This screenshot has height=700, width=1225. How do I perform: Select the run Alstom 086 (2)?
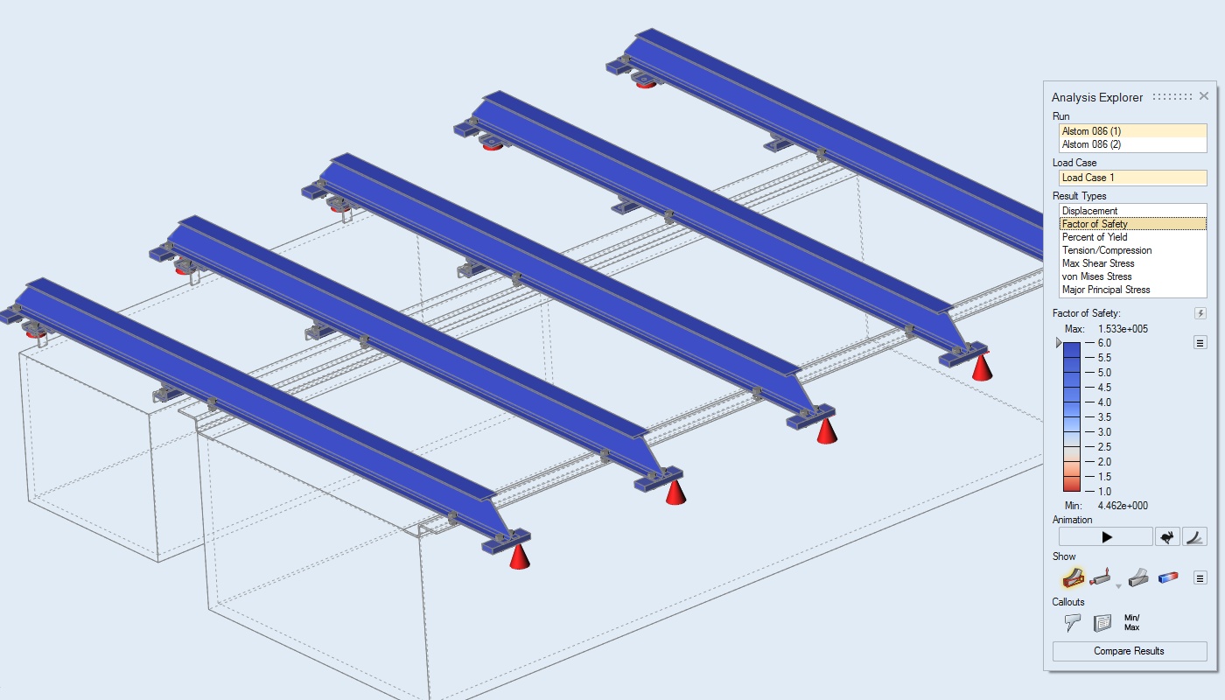tap(1091, 144)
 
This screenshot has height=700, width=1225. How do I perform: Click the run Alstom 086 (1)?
tap(1091, 131)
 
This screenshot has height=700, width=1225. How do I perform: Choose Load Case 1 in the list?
tap(1088, 178)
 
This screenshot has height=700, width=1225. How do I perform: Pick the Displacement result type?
tap(1089, 211)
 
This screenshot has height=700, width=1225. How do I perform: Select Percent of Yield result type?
tap(1095, 237)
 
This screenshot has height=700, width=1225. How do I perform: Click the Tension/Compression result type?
tap(1106, 250)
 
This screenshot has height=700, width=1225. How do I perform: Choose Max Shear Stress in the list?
tap(1097, 263)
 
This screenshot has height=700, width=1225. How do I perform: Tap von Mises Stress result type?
tap(1096, 276)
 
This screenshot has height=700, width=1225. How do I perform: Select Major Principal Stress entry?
tap(1106, 290)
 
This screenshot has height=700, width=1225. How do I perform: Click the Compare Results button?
tap(1130, 651)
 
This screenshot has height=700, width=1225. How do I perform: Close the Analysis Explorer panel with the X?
tap(1204, 96)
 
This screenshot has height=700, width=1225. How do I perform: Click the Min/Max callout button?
tap(1132, 622)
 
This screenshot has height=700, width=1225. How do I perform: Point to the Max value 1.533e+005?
tap(1123, 329)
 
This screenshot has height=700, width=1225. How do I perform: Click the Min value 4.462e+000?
tap(1123, 506)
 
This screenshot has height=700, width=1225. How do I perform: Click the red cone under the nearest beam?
tap(519, 556)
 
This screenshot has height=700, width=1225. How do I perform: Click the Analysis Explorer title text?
tap(1097, 97)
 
